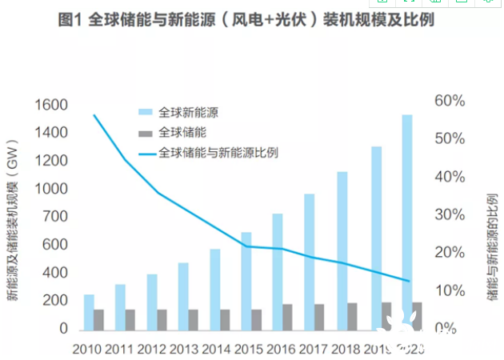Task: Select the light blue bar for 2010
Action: tap(89, 312)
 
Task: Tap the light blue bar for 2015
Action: tap(246, 281)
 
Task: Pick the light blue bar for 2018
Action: tap(342, 250)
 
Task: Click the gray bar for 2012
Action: tap(162, 319)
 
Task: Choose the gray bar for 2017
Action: tap(320, 317)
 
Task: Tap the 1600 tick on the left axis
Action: tap(50, 105)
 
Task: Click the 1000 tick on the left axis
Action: tap(50, 189)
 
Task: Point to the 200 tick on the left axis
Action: tap(54, 301)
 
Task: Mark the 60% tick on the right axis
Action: tap(450, 101)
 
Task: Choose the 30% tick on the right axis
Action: tap(450, 214)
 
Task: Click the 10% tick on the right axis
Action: tap(450, 290)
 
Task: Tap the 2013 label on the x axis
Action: tap(185, 349)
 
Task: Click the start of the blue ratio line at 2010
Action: tap(94, 115)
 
